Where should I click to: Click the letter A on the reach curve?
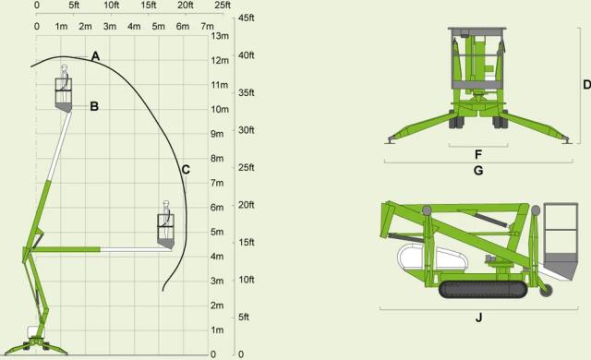click(96, 56)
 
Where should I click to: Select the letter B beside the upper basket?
click(94, 106)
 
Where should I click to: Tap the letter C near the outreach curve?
click(186, 170)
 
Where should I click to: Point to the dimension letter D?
click(586, 84)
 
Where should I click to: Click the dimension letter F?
click(478, 154)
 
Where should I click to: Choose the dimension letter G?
click(478, 171)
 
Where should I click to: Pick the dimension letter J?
click(478, 318)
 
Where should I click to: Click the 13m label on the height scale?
click(220, 36)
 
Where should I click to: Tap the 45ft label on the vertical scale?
click(247, 18)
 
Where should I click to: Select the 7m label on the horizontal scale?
click(207, 27)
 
